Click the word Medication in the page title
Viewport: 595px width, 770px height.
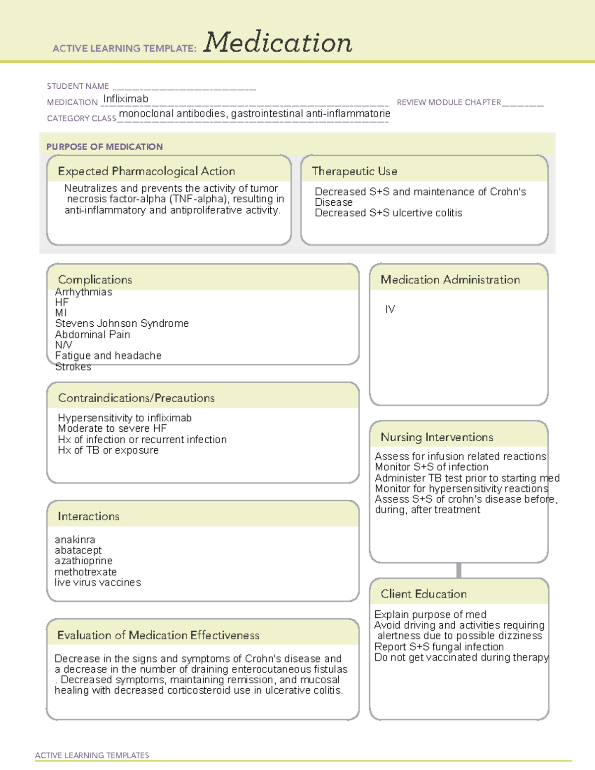[x=278, y=43]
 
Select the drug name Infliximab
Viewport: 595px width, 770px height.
[x=125, y=99]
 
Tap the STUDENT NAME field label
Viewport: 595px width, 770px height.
[x=78, y=86]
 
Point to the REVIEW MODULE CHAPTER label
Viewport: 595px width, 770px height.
[x=449, y=102]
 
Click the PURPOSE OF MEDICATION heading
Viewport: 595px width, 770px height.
[x=105, y=147]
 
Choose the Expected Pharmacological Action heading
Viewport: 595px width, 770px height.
[x=146, y=171]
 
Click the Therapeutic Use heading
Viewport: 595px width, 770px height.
[x=355, y=171]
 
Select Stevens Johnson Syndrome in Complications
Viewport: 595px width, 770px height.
[x=122, y=323]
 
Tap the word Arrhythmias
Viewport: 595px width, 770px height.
[x=84, y=292]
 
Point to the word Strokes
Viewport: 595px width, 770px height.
[x=73, y=367]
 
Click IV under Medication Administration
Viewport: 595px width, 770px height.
[x=390, y=309]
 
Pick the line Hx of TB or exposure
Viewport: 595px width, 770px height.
[x=109, y=450]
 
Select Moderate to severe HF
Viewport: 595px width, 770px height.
[x=112, y=428]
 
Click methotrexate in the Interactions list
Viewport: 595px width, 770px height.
[x=86, y=572]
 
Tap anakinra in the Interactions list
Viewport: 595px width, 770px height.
[x=75, y=539]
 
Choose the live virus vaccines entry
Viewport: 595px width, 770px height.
[x=98, y=583]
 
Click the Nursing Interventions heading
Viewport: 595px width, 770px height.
[x=437, y=437]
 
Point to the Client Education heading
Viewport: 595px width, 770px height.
[x=423, y=594]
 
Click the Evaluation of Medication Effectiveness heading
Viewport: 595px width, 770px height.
[x=158, y=635]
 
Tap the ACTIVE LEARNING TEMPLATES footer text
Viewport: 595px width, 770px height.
[x=92, y=755]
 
